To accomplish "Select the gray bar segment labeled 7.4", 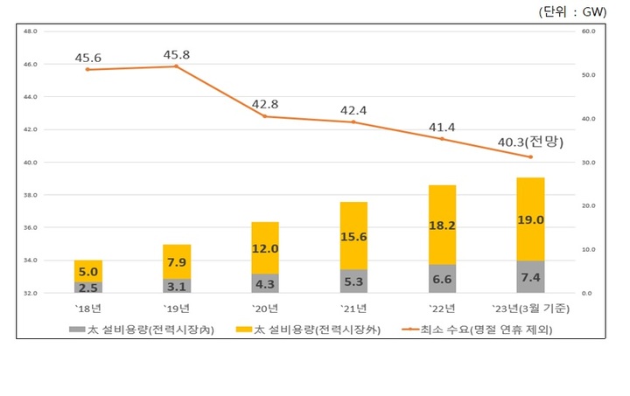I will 530,277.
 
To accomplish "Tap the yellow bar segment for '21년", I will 353,236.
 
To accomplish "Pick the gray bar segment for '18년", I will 87,287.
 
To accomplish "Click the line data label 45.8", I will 177,55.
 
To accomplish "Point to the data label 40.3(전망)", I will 529,142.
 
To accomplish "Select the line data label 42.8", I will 266,104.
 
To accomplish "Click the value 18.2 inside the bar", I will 442,225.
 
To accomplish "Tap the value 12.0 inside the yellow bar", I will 265,248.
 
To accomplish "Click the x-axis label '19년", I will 177,308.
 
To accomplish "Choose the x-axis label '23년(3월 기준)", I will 529,308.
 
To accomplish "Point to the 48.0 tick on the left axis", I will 29,31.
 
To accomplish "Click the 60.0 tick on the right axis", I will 588,31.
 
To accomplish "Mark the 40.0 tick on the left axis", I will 29,163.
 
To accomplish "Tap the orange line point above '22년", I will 442,139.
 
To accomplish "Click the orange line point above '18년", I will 87,69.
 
